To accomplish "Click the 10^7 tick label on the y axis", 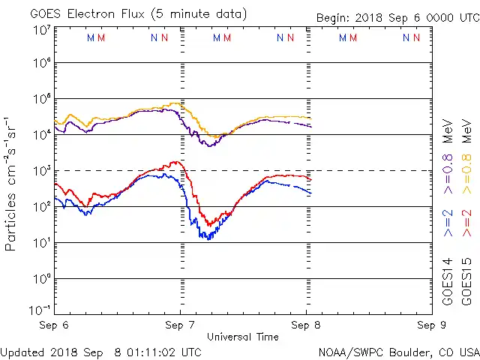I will [41, 29].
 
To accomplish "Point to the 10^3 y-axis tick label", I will [41, 171].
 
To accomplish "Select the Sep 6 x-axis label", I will [55, 325].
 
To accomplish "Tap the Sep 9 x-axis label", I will [430, 325].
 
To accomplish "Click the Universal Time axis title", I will [243, 337].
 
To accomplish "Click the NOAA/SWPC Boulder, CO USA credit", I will [398, 352].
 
